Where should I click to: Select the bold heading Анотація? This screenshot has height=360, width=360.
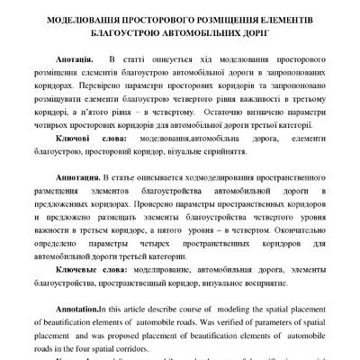point(76,60)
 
